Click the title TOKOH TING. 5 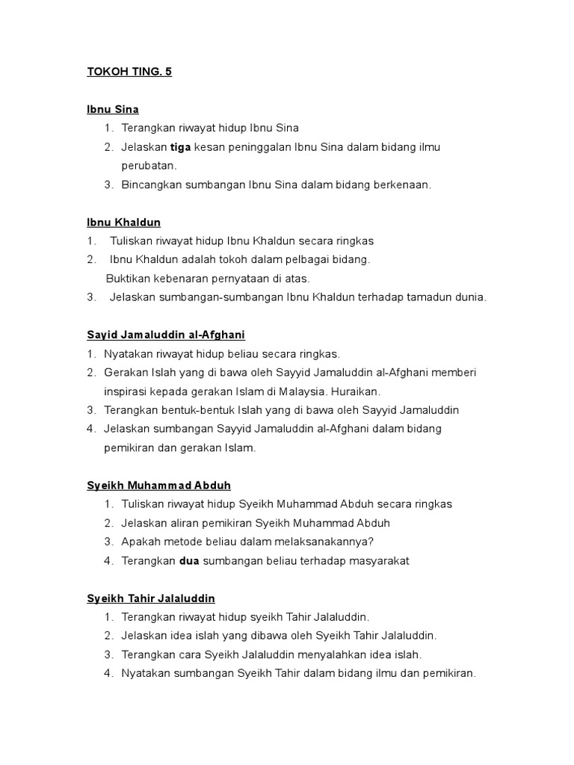pos(129,72)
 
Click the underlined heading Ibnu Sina pos(113,109)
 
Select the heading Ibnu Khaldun pos(123,223)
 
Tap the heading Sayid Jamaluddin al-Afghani pos(166,335)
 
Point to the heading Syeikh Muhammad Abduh pos(159,486)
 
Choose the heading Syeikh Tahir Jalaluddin pos(151,598)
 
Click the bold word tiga pos(181,147)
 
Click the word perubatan pos(148,166)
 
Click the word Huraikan pos(355,391)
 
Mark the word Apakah pos(142,542)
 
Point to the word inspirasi pos(127,391)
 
